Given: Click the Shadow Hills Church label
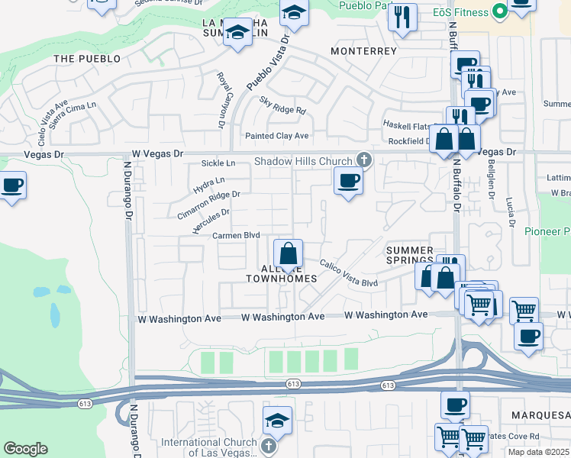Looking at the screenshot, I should [303, 161].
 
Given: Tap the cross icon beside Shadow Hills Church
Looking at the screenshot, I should [364, 160].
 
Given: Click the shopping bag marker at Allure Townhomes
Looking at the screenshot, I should [288, 253].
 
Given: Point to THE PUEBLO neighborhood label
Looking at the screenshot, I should [87, 59].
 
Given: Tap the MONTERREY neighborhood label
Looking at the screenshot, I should [364, 51].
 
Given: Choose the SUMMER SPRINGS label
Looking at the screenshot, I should [409, 255].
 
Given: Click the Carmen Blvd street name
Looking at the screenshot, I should [237, 236].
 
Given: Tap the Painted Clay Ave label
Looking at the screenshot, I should [276, 136].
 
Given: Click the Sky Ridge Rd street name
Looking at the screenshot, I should [282, 105].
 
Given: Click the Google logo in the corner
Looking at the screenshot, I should [25, 449].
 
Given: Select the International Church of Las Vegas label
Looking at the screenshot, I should [211, 447].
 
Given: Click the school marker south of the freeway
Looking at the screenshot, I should [277, 420].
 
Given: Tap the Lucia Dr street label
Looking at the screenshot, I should [509, 212].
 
